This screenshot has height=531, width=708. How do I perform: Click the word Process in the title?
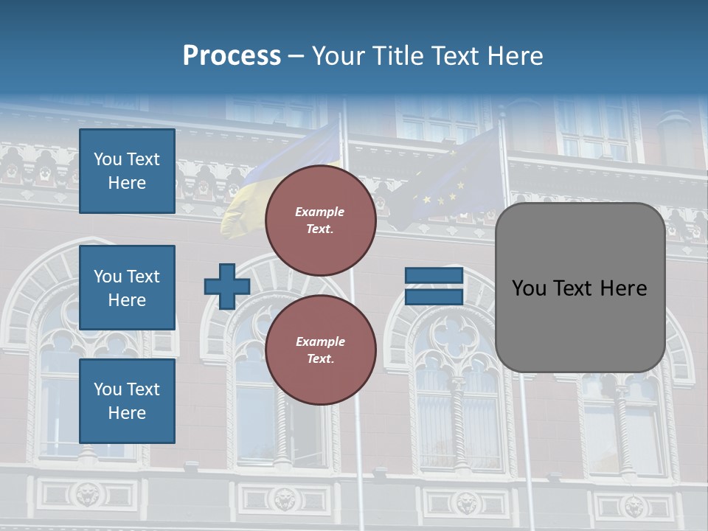(x=232, y=56)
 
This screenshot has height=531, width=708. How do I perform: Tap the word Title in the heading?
(x=397, y=56)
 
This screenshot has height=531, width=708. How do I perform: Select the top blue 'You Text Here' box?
(x=127, y=171)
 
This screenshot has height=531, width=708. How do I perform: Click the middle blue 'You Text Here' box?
(x=127, y=288)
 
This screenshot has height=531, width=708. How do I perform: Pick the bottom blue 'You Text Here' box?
(x=127, y=400)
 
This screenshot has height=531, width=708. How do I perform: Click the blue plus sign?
(x=227, y=286)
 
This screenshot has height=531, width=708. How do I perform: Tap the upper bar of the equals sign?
(x=434, y=276)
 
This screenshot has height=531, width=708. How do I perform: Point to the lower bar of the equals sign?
(x=434, y=296)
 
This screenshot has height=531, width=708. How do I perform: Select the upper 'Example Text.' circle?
(x=320, y=221)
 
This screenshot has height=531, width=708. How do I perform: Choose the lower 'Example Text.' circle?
(x=320, y=350)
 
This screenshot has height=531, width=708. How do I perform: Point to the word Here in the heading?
(x=516, y=56)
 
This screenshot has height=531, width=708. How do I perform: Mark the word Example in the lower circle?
(x=320, y=341)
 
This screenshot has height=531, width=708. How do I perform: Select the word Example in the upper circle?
(x=320, y=212)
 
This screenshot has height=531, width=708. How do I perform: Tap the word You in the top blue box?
(x=107, y=159)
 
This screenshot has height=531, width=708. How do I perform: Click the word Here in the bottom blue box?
(x=127, y=413)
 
